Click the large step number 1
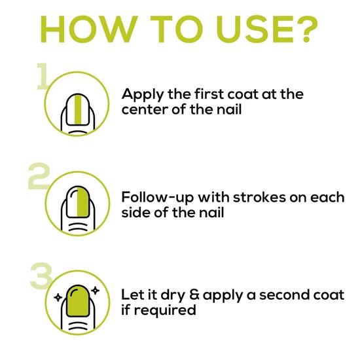coord(43,76)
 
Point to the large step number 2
coord(39,176)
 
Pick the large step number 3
coord(41,276)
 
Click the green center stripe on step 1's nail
coord(78,110)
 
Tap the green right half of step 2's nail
coord(83,202)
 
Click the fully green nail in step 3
coord(78,301)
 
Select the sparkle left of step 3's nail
coord(58,298)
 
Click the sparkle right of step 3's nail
coord(95,291)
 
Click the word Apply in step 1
coord(142,95)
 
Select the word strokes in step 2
coord(260,197)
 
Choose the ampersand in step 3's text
coord(194,295)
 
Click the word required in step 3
coord(165,311)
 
